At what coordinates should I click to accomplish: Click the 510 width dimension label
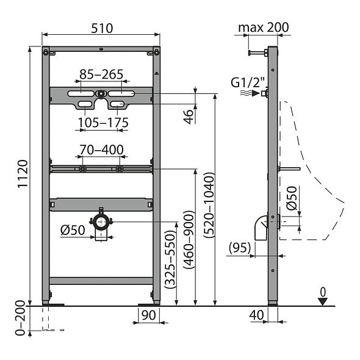coord(101,28)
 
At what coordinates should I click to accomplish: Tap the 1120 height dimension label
coord(21,174)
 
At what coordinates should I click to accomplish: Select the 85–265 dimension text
coord(101,74)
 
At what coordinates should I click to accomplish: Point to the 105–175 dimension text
coord(103,123)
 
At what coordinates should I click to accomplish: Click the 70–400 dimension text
coord(101,149)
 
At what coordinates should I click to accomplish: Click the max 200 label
coord(264,27)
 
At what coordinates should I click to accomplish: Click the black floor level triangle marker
coord(323,300)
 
